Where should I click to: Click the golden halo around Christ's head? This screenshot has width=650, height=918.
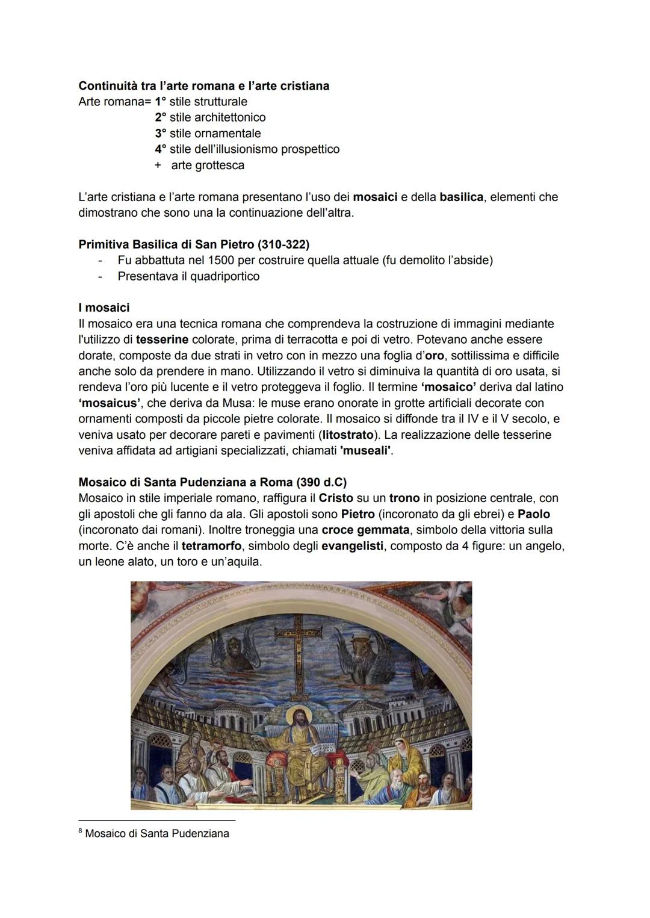[x=297, y=717]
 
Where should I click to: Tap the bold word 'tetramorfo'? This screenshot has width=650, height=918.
[x=212, y=546]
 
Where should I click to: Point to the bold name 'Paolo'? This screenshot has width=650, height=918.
[x=534, y=514]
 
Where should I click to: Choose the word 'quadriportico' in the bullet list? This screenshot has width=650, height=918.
[x=220, y=276]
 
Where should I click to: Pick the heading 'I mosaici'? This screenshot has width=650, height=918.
[x=104, y=308]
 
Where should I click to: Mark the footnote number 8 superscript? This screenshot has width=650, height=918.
[x=81, y=831]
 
